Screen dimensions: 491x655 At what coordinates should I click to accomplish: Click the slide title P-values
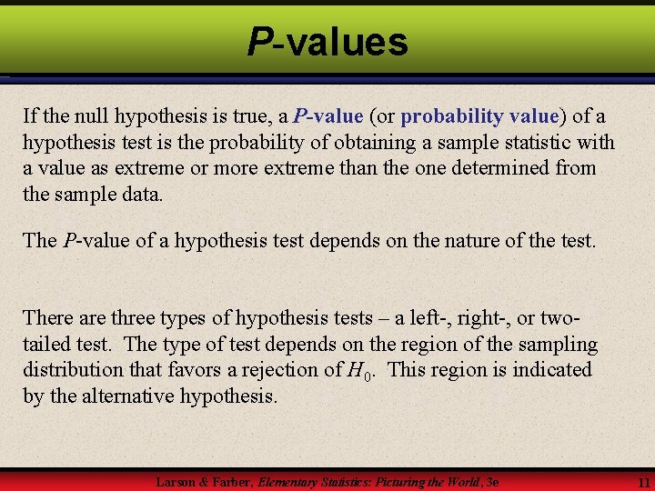click(x=327, y=41)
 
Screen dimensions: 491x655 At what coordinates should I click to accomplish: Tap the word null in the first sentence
click(x=95, y=116)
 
